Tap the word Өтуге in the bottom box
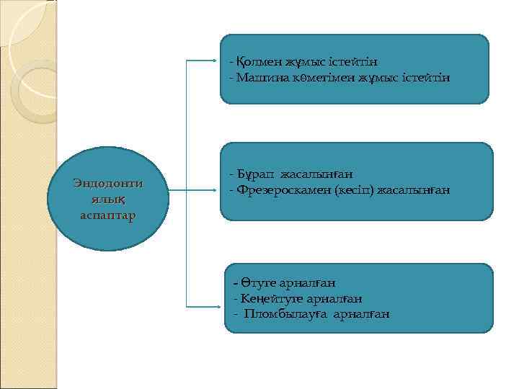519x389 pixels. point(255,283)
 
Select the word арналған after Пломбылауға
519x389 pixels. point(361,313)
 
